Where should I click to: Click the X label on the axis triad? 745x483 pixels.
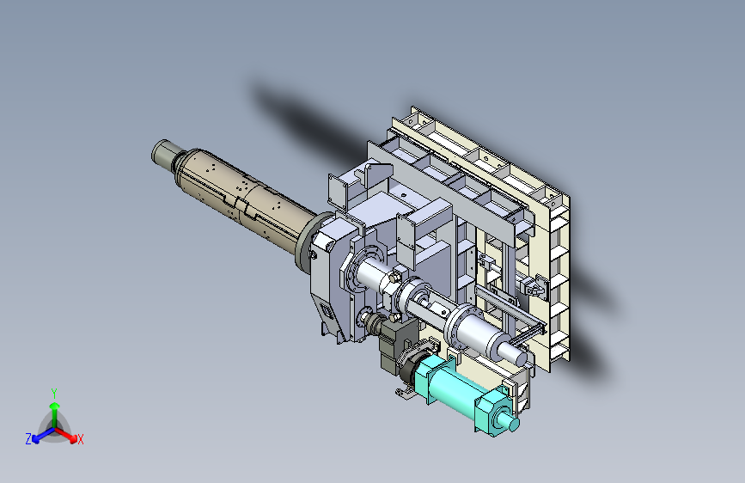pos(80,440)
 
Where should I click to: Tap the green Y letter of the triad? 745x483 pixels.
pos(54,394)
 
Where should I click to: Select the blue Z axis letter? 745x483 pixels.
pos(28,439)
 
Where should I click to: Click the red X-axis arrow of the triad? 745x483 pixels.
pos(65,435)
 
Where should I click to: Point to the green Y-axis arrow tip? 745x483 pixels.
pos(55,406)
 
